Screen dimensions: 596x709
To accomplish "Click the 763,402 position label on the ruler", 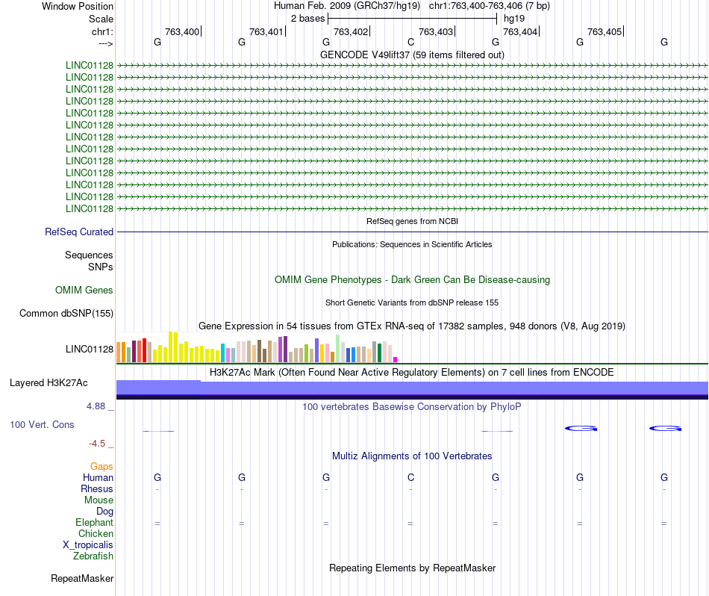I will pos(351,32).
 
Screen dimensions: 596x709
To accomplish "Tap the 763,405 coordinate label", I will pos(605,32).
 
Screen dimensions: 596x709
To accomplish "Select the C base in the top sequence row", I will pos(410,43).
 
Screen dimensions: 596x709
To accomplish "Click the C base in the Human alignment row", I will pos(410,477).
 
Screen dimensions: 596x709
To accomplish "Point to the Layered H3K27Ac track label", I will pos(49,383).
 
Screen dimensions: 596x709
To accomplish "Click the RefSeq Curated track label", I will pos(79,232).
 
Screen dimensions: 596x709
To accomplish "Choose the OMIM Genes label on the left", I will pos(84,290).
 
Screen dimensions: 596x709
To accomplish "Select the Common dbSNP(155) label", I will pos(66,314).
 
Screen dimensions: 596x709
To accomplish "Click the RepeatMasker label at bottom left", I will pos(82,579).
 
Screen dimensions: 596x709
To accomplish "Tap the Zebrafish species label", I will pos(93,556).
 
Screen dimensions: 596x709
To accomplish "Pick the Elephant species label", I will pos(94,523).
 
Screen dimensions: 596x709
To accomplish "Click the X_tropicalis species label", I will pos(88,545).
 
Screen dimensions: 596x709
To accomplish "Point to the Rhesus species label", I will pos(97,489).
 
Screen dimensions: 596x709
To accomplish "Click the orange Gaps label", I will pos(101,467).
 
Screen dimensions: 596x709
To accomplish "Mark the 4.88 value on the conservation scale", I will pos(99,407).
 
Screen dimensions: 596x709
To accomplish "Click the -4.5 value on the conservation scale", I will pos(100,444).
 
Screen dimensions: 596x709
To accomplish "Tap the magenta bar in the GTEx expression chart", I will pos(396,359).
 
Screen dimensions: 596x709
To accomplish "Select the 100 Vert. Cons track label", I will pos(42,425).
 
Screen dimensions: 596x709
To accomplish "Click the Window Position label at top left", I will pos(78,6).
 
